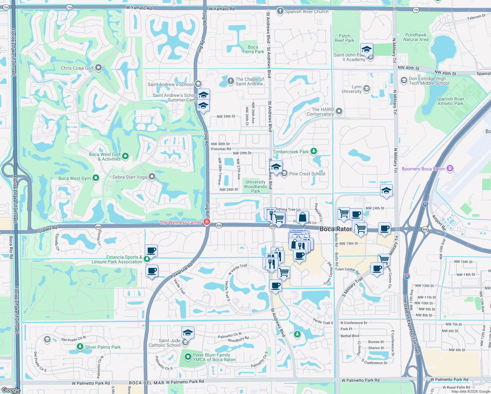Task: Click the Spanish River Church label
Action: [307, 11]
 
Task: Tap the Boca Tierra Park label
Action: [253, 49]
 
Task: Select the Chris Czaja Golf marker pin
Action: [98, 68]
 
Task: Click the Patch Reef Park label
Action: [344, 38]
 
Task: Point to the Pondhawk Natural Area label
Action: [416, 37]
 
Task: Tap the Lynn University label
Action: [352, 89]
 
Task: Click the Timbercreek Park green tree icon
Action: [314, 151]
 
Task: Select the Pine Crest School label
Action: [307, 174]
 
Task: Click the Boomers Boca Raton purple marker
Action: [450, 168]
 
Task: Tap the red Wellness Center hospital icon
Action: [206, 222]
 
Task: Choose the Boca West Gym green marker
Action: [96, 178]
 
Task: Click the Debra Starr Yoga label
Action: [130, 177]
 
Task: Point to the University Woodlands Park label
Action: [255, 186]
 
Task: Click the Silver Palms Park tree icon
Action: [80, 346]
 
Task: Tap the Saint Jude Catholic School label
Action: [164, 343]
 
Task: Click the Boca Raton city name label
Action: [335, 229]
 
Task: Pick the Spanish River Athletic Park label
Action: [450, 101]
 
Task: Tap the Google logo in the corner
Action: [11, 390]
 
